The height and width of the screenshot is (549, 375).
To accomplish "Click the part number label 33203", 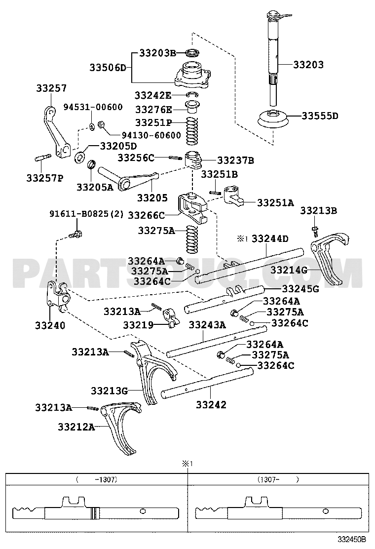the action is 308,65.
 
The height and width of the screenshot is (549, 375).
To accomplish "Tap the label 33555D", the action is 320,116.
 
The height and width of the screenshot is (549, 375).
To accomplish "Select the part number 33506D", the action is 108,67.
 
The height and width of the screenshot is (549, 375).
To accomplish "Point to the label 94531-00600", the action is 93,107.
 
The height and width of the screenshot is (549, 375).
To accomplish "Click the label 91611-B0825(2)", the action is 86,214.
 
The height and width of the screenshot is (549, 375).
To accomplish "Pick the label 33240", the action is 50,326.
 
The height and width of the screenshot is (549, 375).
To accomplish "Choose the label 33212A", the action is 76,427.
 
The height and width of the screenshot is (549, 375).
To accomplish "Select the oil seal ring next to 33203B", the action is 192,53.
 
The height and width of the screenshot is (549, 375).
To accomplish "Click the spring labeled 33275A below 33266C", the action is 192,239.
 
